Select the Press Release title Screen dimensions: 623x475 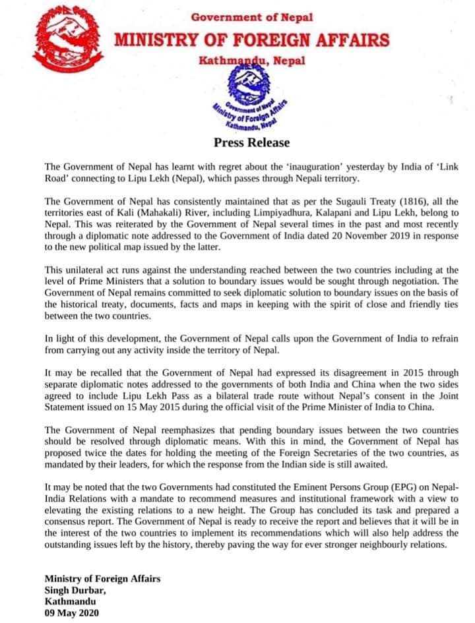tap(251, 142)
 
